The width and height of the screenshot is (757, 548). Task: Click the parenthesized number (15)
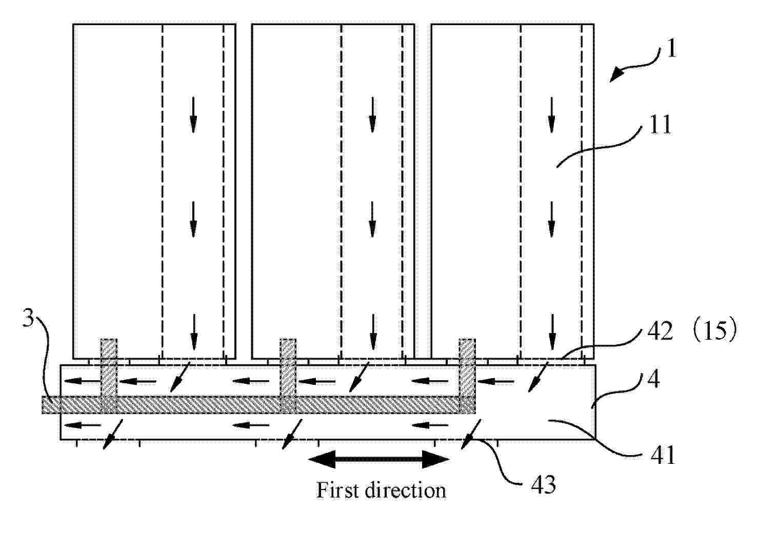[x=714, y=331]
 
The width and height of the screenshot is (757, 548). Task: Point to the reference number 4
[x=653, y=379]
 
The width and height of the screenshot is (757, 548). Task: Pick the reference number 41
[x=663, y=455]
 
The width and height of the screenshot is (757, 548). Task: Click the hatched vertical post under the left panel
[x=109, y=376]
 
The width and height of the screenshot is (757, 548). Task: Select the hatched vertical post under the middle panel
[x=288, y=376]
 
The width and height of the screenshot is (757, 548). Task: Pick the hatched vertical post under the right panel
[x=467, y=376]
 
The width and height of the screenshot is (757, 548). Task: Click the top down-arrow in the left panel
[x=193, y=115]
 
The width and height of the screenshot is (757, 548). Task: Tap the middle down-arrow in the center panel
[x=372, y=220]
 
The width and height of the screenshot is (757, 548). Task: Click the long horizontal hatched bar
[x=258, y=405]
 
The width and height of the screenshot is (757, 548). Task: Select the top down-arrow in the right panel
[x=551, y=115]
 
